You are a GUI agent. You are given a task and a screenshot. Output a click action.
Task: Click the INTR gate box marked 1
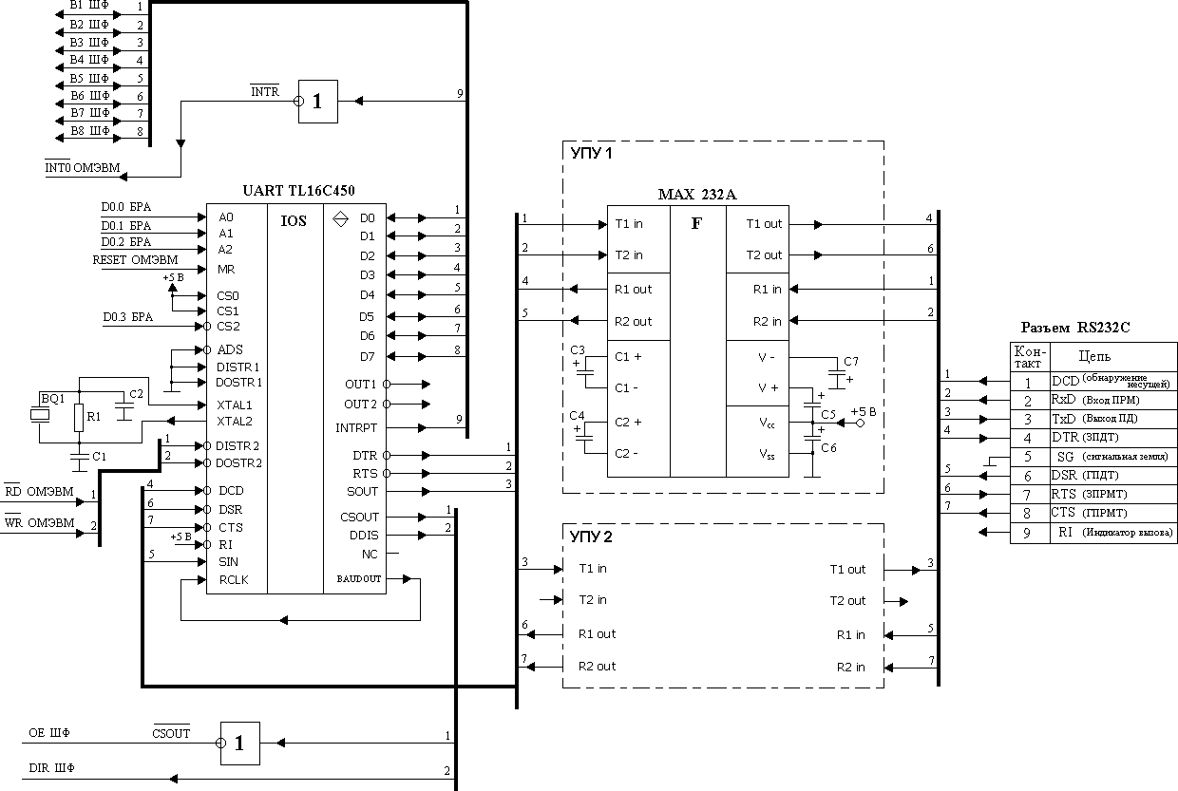point(317,101)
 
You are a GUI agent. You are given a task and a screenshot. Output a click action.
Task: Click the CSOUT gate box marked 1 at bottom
point(239,744)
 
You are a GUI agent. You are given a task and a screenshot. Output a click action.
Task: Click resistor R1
point(79,416)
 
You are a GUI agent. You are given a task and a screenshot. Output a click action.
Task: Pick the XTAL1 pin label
point(234,405)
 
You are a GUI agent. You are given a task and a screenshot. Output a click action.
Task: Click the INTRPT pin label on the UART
point(356,428)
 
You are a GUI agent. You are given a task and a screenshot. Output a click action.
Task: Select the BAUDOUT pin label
point(358,578)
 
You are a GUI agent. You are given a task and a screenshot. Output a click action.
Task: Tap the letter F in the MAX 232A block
point(696,224)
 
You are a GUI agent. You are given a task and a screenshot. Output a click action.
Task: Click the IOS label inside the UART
point(294,220)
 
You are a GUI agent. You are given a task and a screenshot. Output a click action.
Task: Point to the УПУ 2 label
point(591,537)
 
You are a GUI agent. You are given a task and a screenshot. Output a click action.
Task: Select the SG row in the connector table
point(1064,457)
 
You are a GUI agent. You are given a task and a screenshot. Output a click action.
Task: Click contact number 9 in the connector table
point(1026,533)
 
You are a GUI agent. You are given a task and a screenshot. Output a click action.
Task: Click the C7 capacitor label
point(850,362)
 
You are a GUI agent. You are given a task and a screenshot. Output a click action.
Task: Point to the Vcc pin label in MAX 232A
point(768,424)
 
